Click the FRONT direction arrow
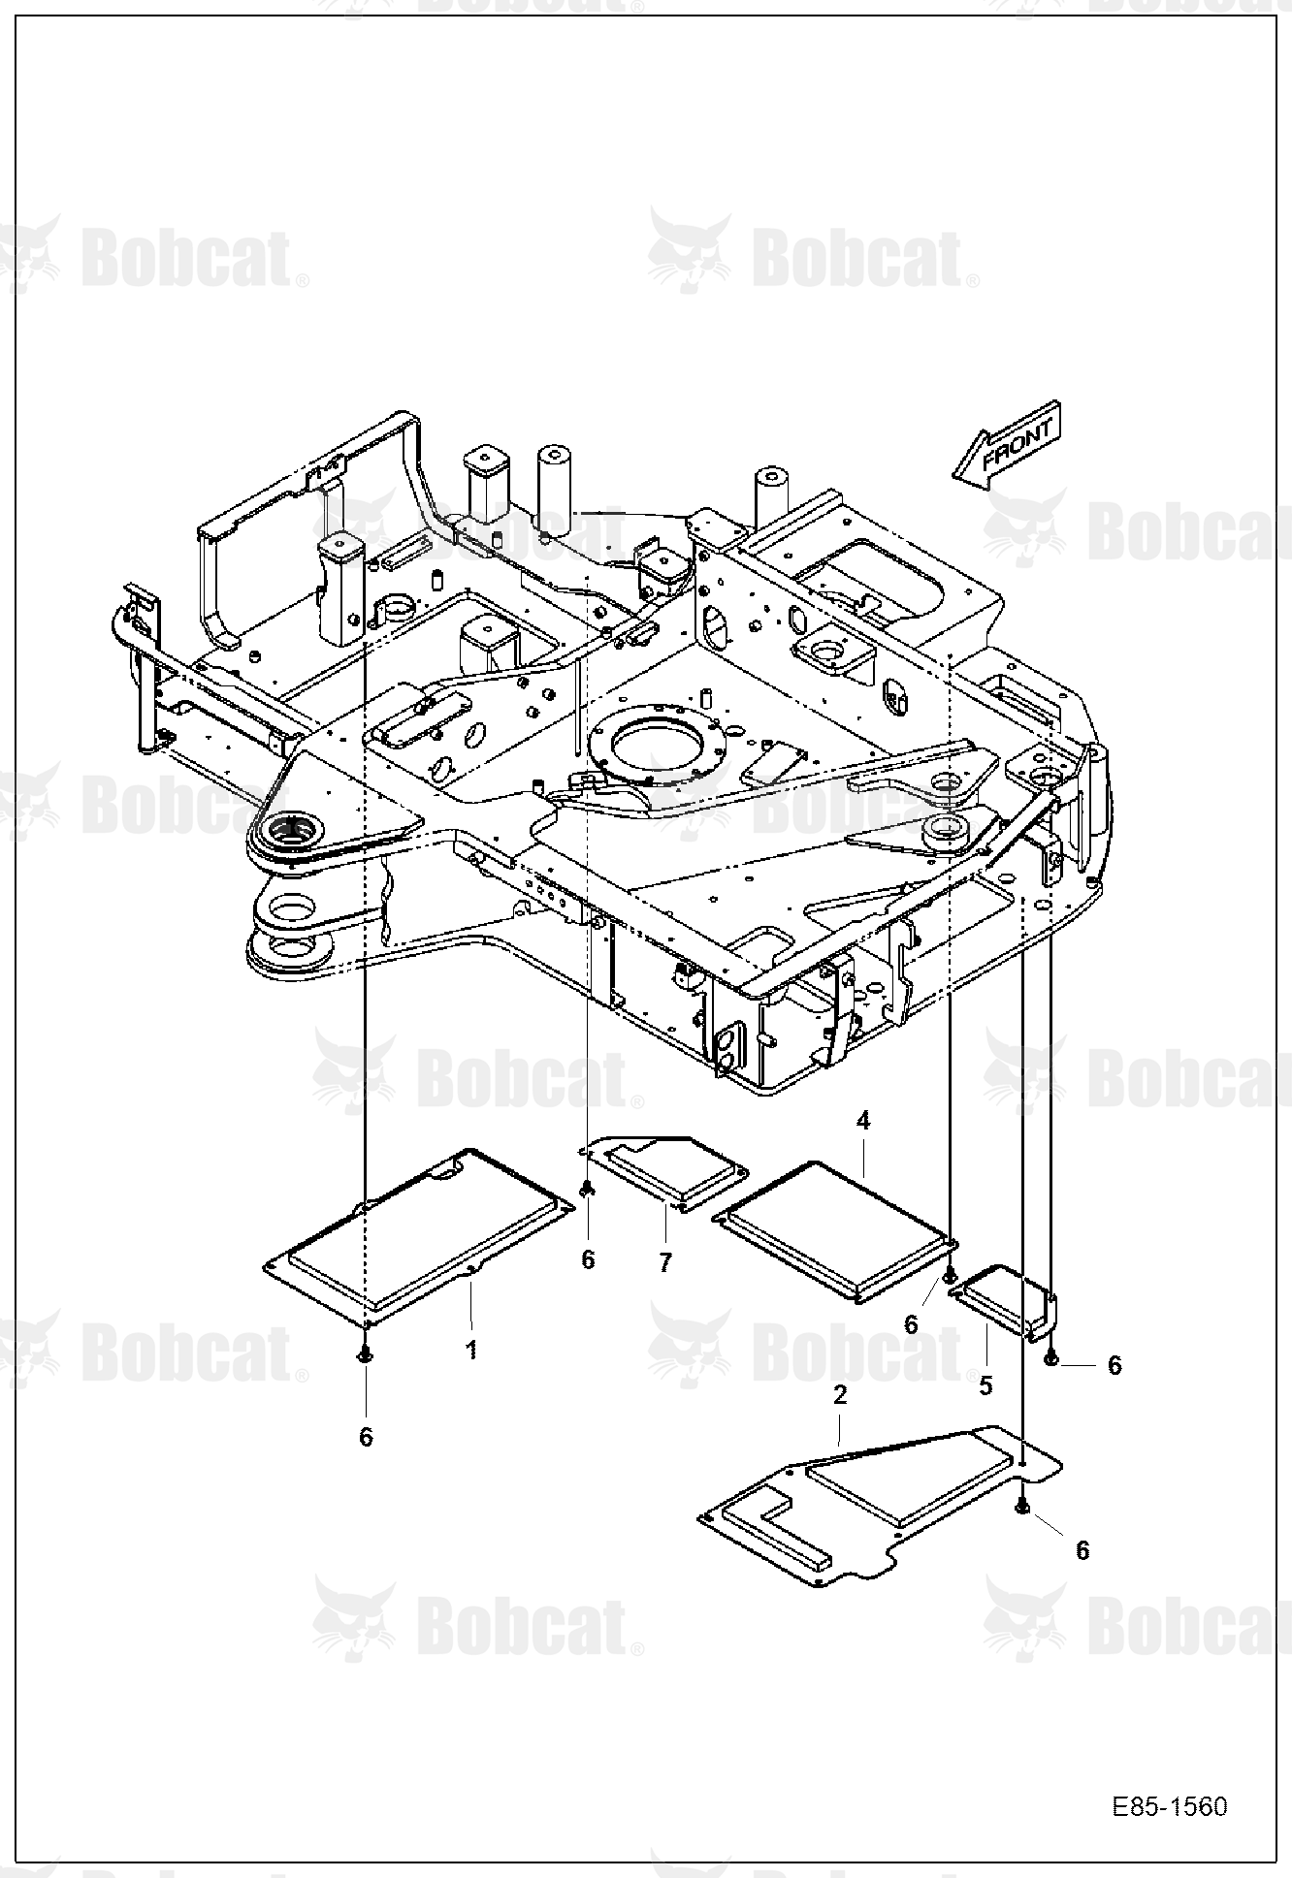[x=1008, y=443]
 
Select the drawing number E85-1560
[x=1170, y=1807]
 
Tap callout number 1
[x=471, y=1350]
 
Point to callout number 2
[x=840, y=1394]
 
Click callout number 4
[x=863, y=1121]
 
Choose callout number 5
[x=985, y=1386]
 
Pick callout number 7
[x=665, y=1262]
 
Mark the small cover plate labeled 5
[x=1005, y=1303]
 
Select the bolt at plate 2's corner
[x=1022, y=1505]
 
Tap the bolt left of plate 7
[x=587, y=1189]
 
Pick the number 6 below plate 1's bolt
[x=366, y=1437]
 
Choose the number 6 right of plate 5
[x=1114, y=1365]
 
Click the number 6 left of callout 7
[x=588, y=1259]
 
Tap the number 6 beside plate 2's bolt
[x=1082, y=1550]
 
